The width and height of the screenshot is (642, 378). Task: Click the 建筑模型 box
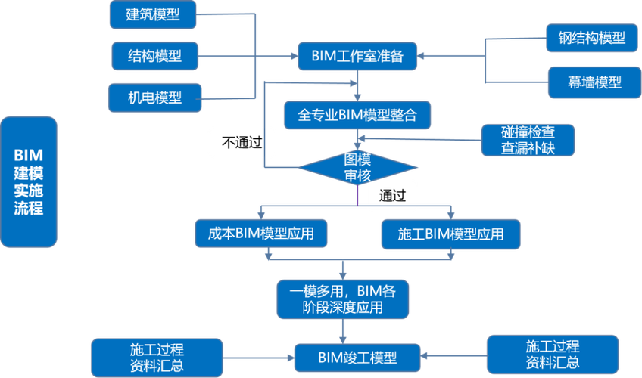(153, 14)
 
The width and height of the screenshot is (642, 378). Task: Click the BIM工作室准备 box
(357, 55)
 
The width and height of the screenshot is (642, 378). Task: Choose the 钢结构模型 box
(586, 37)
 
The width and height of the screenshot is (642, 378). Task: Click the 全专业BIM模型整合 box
(357, 115)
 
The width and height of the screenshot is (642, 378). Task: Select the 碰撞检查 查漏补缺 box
(528, 140)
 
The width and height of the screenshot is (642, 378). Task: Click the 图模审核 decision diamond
(357, 167)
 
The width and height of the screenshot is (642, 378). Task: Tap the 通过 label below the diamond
(393, 195)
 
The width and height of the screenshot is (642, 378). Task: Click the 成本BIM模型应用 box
(261, 234)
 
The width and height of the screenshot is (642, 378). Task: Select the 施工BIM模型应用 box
(450, 234)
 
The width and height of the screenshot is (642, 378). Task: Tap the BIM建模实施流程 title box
(29, 181)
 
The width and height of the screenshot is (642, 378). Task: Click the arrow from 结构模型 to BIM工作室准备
(250, 55)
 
